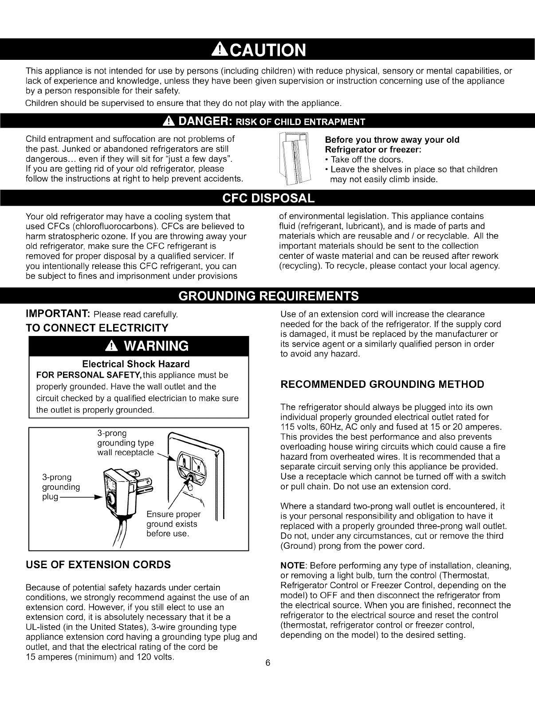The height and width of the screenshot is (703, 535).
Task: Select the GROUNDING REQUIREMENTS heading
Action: [267, 296]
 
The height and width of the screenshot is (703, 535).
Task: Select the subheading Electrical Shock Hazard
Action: [136, 364]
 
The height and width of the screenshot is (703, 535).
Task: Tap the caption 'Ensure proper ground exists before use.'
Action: [173, 524]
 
